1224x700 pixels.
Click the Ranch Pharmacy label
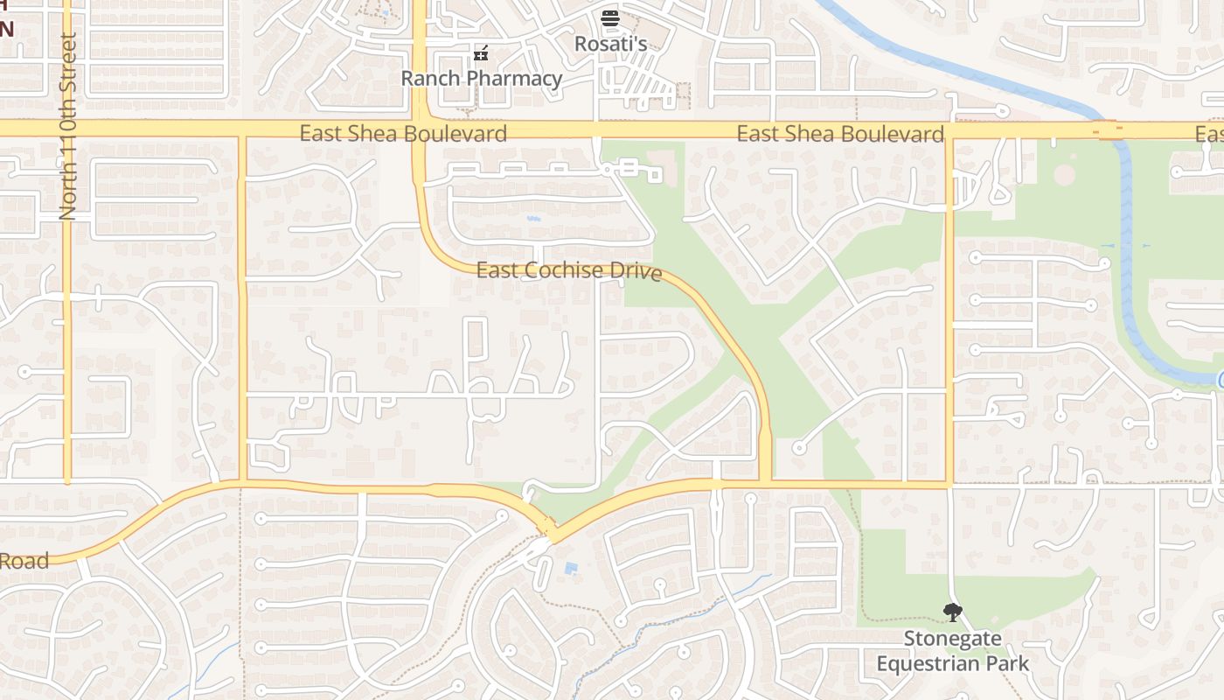coord(481,79)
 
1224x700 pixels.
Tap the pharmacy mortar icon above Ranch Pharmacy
coord(480,54)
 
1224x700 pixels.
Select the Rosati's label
coord(610,43)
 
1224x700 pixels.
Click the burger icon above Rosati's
coord(610,17)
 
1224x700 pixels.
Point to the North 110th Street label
coord(68,126)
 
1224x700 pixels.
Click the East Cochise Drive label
coord(568,271)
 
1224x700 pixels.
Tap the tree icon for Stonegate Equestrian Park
coord(952,612)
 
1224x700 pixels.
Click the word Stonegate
coord(952,639)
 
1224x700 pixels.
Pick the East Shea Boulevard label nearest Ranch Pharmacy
coord(403,134)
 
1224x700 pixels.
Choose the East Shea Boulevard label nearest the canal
coord(840,134)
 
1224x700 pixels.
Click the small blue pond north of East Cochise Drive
coord(533,218)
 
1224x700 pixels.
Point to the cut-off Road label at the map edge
coord(24,561)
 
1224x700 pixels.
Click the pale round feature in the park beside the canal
coord(1064,174)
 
